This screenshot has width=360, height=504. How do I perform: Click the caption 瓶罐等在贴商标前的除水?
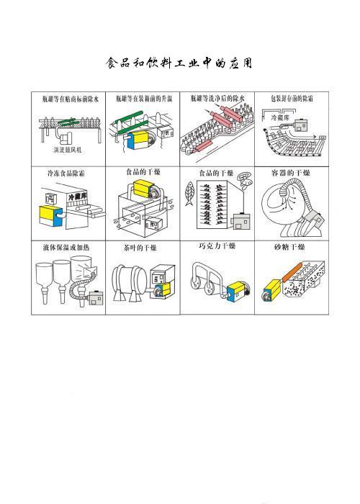(x=69, y=98)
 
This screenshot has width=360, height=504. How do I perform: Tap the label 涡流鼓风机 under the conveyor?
(x=68, y=150)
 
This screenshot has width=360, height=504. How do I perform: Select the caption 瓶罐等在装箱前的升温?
(x=142, y=98)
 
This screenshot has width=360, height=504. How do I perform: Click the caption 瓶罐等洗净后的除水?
(x=217, y=98)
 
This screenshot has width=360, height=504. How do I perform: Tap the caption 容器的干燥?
(x=290, y=174)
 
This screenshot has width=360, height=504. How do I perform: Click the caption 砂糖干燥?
(x=290, y=247)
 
